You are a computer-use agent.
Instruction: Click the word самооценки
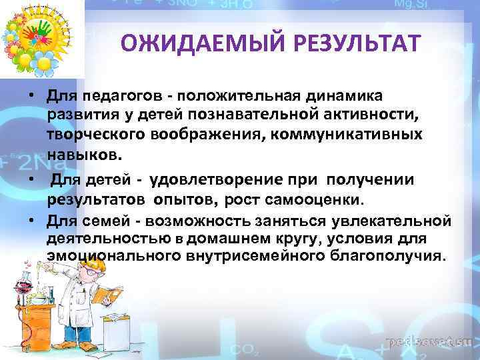[323, 199]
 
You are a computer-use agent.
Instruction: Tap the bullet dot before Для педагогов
[31, 96]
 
